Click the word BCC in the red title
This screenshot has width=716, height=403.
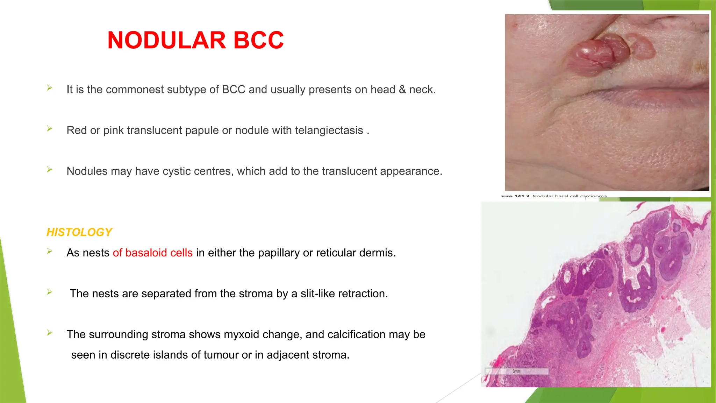click(258, 40)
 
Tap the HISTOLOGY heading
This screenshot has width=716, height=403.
click(79, 232)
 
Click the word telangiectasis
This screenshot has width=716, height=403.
click(329, 130)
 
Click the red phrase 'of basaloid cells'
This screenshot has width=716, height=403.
click(152, 253)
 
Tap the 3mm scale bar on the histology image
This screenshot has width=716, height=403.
click(516, 371)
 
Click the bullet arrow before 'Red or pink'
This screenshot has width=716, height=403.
click(50, 129)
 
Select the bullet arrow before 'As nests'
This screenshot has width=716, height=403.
click(50, 251)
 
